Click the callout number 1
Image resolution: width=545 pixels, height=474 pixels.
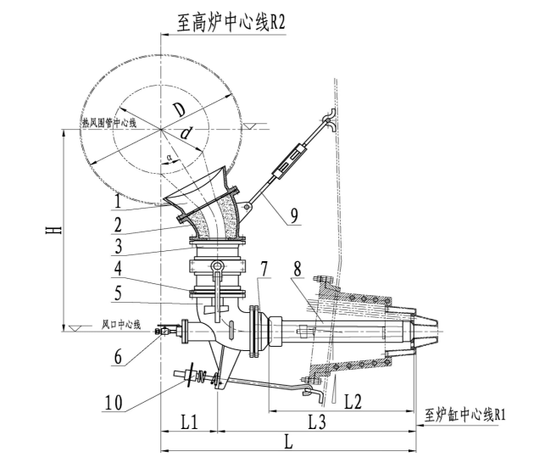coord(120,204)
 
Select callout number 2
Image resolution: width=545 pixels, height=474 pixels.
coord(120,228)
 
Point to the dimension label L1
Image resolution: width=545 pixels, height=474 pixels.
coord(189,420)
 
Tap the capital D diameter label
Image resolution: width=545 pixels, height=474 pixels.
coord(177,110)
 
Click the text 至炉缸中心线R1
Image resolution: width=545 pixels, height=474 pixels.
coord(465,415)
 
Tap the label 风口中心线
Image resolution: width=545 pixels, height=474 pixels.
coord(120,324)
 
